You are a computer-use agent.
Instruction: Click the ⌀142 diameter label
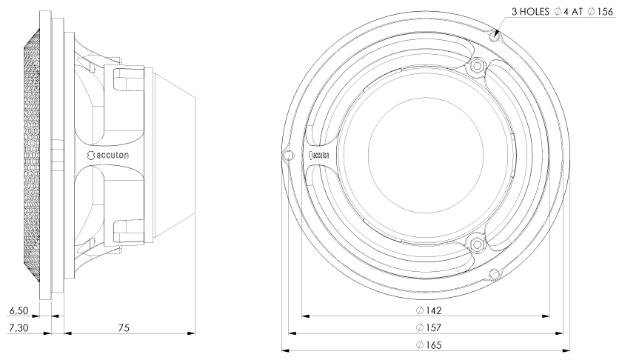tap(426, 310)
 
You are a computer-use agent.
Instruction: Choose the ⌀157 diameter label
tap(426, 327)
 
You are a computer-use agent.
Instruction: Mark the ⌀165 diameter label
tap(426, 345)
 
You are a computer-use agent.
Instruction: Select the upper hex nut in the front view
tap(475, 67)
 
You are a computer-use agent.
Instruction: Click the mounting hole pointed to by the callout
tap(495, 34)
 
